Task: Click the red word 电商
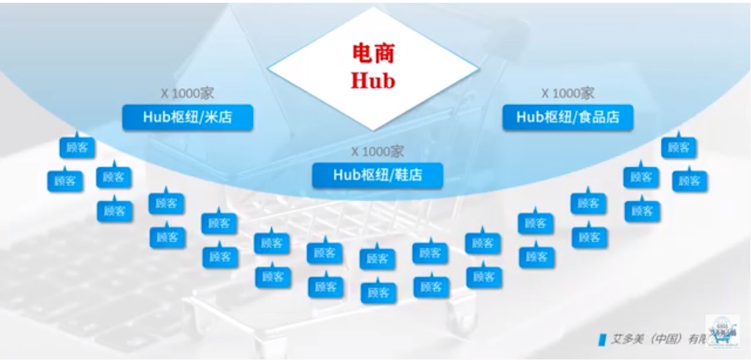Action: coord(373,54)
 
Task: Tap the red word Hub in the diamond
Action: coord(373,80)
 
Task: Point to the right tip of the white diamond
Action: coord(477,69)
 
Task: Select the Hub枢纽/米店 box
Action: coord(187,117)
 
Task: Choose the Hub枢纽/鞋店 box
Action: coord(377,174)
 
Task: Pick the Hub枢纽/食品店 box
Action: coord(567,117)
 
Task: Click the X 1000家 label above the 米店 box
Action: coord(187,94)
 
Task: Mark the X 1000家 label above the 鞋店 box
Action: coord(377,151)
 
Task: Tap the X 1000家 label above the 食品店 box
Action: coord(567,94)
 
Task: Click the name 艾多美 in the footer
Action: coord(626,339)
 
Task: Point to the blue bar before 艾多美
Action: coord(602,339)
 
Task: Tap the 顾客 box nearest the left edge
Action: coord(65,180)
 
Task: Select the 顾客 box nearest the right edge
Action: coord(690,180)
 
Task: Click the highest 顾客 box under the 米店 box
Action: coord(77,147)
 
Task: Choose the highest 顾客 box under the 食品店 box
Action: coord(678,147)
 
